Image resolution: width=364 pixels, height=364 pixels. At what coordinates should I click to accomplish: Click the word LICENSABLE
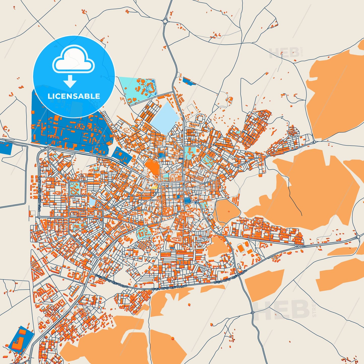pos(74,96)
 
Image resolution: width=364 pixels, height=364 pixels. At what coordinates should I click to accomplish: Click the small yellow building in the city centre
pos(154,187)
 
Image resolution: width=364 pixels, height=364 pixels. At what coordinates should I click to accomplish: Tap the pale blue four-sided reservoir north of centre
pos(165,117)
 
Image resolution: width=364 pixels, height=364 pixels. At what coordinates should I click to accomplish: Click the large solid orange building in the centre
pos(152,166)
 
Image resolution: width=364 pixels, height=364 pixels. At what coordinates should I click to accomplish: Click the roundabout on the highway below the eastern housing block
pos(300,246)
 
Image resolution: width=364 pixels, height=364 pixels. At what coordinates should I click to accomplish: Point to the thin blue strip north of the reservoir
pos(189,81)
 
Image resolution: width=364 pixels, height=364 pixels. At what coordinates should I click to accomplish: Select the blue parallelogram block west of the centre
pos(122,155)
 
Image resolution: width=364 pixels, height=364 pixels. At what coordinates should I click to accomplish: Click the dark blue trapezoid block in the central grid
pos(187,201)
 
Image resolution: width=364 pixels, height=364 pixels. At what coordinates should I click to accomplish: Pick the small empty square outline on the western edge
pos(32,213)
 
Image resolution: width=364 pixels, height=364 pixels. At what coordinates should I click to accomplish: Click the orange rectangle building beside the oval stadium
pos(250,251)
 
